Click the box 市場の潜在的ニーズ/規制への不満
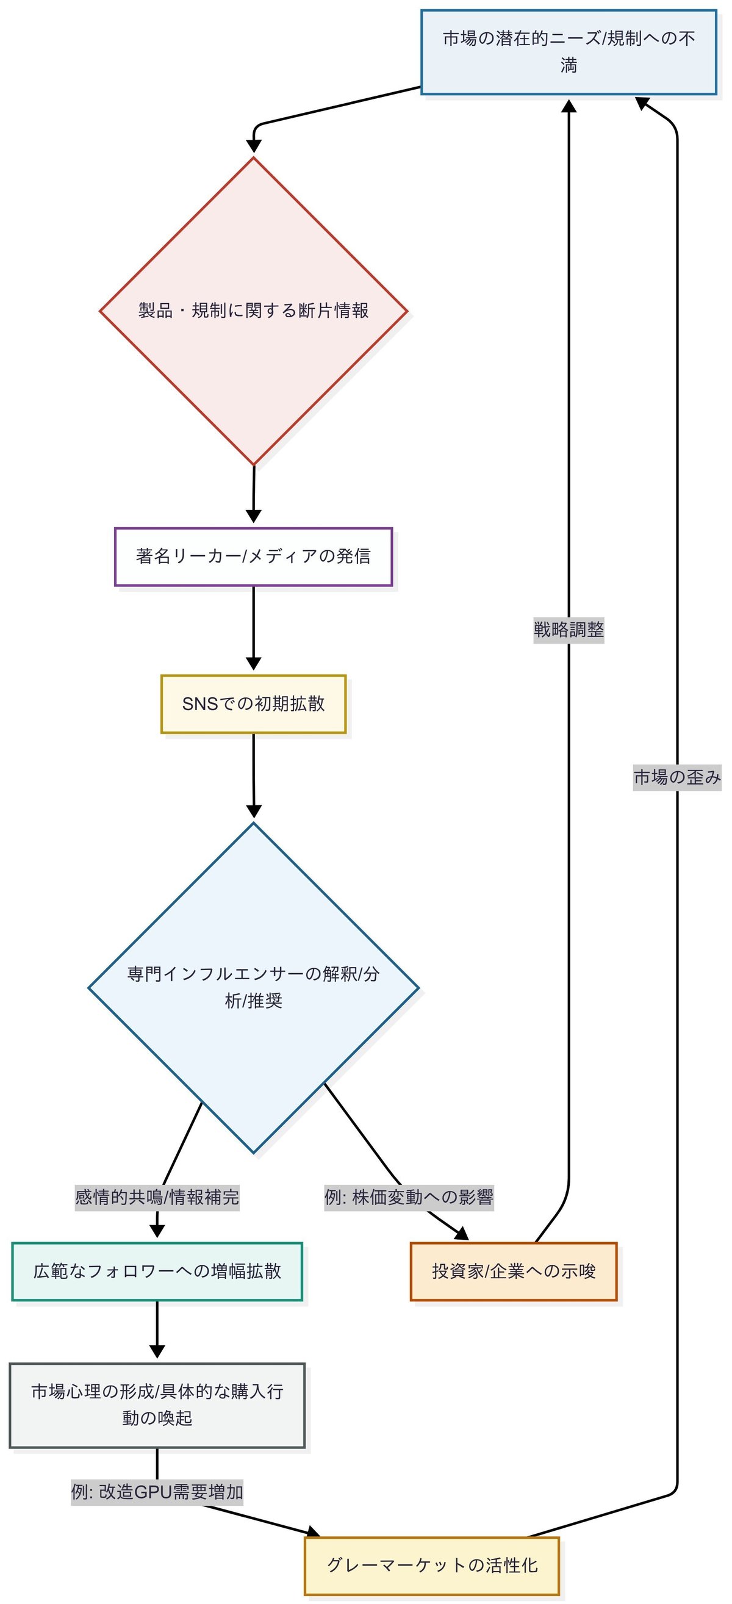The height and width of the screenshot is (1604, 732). click(x=569, y=52)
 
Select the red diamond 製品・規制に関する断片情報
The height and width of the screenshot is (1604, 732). click(x=253, y=311)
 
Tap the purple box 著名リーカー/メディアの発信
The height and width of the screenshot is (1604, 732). click(x=253, y=556)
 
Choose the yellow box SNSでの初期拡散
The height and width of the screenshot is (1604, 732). click(x=253, y=703)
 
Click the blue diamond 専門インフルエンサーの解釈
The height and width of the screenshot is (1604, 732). click(x=253, y=988)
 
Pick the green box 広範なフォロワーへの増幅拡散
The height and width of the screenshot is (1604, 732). click(x=157, y=1271)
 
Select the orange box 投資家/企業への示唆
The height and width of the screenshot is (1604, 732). click(x=514, y=1271)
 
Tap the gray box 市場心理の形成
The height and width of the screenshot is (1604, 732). click(x=157, y=1405)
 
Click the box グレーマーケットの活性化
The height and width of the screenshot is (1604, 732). click(x=432, y=1566)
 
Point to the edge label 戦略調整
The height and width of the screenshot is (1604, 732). click(x=569, y=630)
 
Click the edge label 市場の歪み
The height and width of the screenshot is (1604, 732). click(x=676, y=777)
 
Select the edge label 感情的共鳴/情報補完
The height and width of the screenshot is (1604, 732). click(x=157, y=1197)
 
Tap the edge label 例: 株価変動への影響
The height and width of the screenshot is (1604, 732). click(x=409, y=1197)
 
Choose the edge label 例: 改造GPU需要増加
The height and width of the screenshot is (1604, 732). click(x=157, y=1492)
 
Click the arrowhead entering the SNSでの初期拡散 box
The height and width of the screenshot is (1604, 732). click(x=253, y=664)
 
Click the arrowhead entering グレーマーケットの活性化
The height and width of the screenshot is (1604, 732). click(x=314, y=1533)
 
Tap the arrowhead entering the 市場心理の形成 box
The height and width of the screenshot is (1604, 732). click(x=157, y=1352)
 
